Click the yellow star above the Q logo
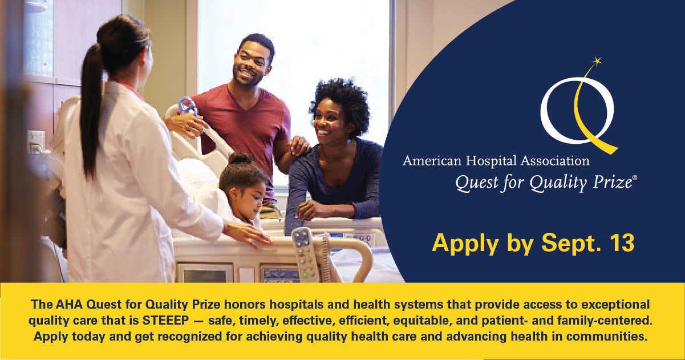click(x=597, y=61)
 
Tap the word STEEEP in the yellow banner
click(x=166, y=321)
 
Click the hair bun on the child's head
click(x=241, y=159)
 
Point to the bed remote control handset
click(x=306, y=254)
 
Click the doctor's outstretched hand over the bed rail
click(x=247, y=233)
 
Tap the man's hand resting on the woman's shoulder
click(x=299, y=145)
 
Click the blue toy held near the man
click(x=188, y=106)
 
